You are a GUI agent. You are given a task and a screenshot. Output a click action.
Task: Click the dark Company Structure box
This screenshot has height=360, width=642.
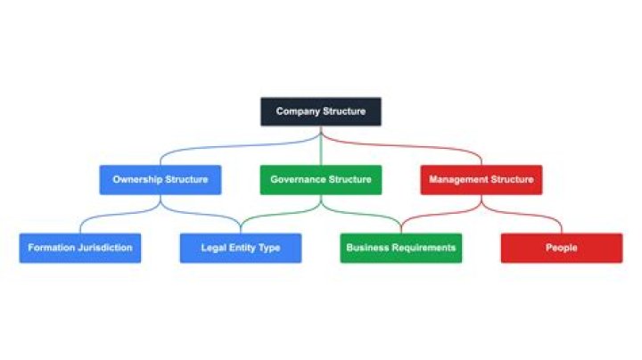pos(321,111)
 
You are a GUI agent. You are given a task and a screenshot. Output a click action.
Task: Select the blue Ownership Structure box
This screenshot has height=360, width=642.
pos(160,179)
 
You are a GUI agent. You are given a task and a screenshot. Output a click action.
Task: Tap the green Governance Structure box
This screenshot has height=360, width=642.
pos(321,179)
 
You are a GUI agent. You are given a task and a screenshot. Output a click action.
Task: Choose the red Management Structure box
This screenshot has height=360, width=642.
pos(481,179)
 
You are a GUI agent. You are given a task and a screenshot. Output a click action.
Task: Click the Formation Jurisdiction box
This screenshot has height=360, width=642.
pos(80,248)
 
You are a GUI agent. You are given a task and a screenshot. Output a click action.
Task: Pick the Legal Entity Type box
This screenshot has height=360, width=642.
pos(241,248)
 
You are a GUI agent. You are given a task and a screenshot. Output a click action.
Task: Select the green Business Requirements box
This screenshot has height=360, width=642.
pos(401,248)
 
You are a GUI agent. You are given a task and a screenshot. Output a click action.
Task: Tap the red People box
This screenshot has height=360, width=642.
pos(562,248)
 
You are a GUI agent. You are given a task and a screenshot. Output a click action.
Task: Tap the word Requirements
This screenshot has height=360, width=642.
pos(424,248)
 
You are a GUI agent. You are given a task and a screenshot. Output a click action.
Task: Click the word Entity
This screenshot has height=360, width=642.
pos(242,248)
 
